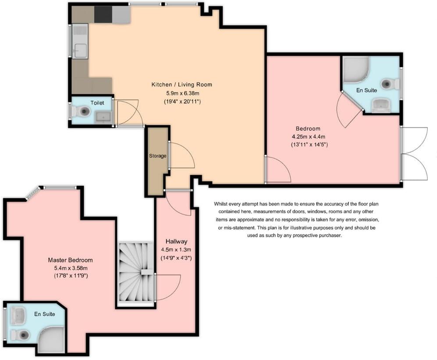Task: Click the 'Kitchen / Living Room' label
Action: click(x=181, y=85)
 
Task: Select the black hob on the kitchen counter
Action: click(x=103, y=14)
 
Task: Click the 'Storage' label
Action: click(x=158, y=156)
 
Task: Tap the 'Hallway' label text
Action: click(x=177, y=241)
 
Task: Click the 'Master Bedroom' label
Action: click(x=70, y=260)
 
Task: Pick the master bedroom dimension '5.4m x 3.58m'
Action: click(x=70, y=268)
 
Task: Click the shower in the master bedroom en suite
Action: click(x=51, y=341)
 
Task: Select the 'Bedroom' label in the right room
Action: click(x=308, y=129)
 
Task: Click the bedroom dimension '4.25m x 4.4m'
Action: click(x=308, y=136)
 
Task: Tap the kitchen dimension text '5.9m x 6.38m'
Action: click(x=181, y=93)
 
